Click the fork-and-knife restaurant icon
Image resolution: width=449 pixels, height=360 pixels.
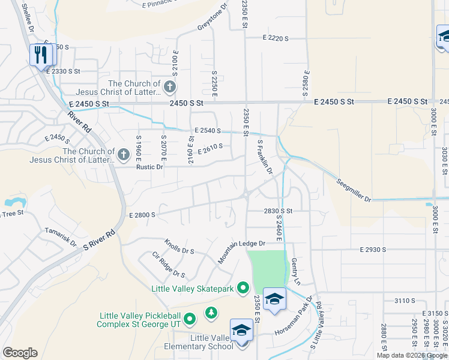(x=41, y=55)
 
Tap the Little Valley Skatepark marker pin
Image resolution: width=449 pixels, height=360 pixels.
(x=243, y=289)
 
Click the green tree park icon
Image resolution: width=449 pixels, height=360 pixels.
(x=211, y=313)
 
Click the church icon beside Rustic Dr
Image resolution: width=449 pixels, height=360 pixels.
(x=124, y=155)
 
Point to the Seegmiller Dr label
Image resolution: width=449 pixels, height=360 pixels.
(x=354, y=190)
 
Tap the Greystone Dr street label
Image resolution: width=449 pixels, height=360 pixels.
(x=212, y=19)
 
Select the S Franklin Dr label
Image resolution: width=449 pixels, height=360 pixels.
(x=265, y=158)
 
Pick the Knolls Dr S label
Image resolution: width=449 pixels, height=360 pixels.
(x=179, y=247)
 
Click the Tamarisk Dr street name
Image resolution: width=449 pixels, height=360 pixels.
(x=61, y=236)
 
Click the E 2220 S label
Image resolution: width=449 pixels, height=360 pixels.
(x=276, y=38)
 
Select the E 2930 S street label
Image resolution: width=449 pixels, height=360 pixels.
(x=373, y=249)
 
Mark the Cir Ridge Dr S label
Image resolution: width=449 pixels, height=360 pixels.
(x=169, y=265)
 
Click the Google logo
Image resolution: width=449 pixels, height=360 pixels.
(x=20, y=353)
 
